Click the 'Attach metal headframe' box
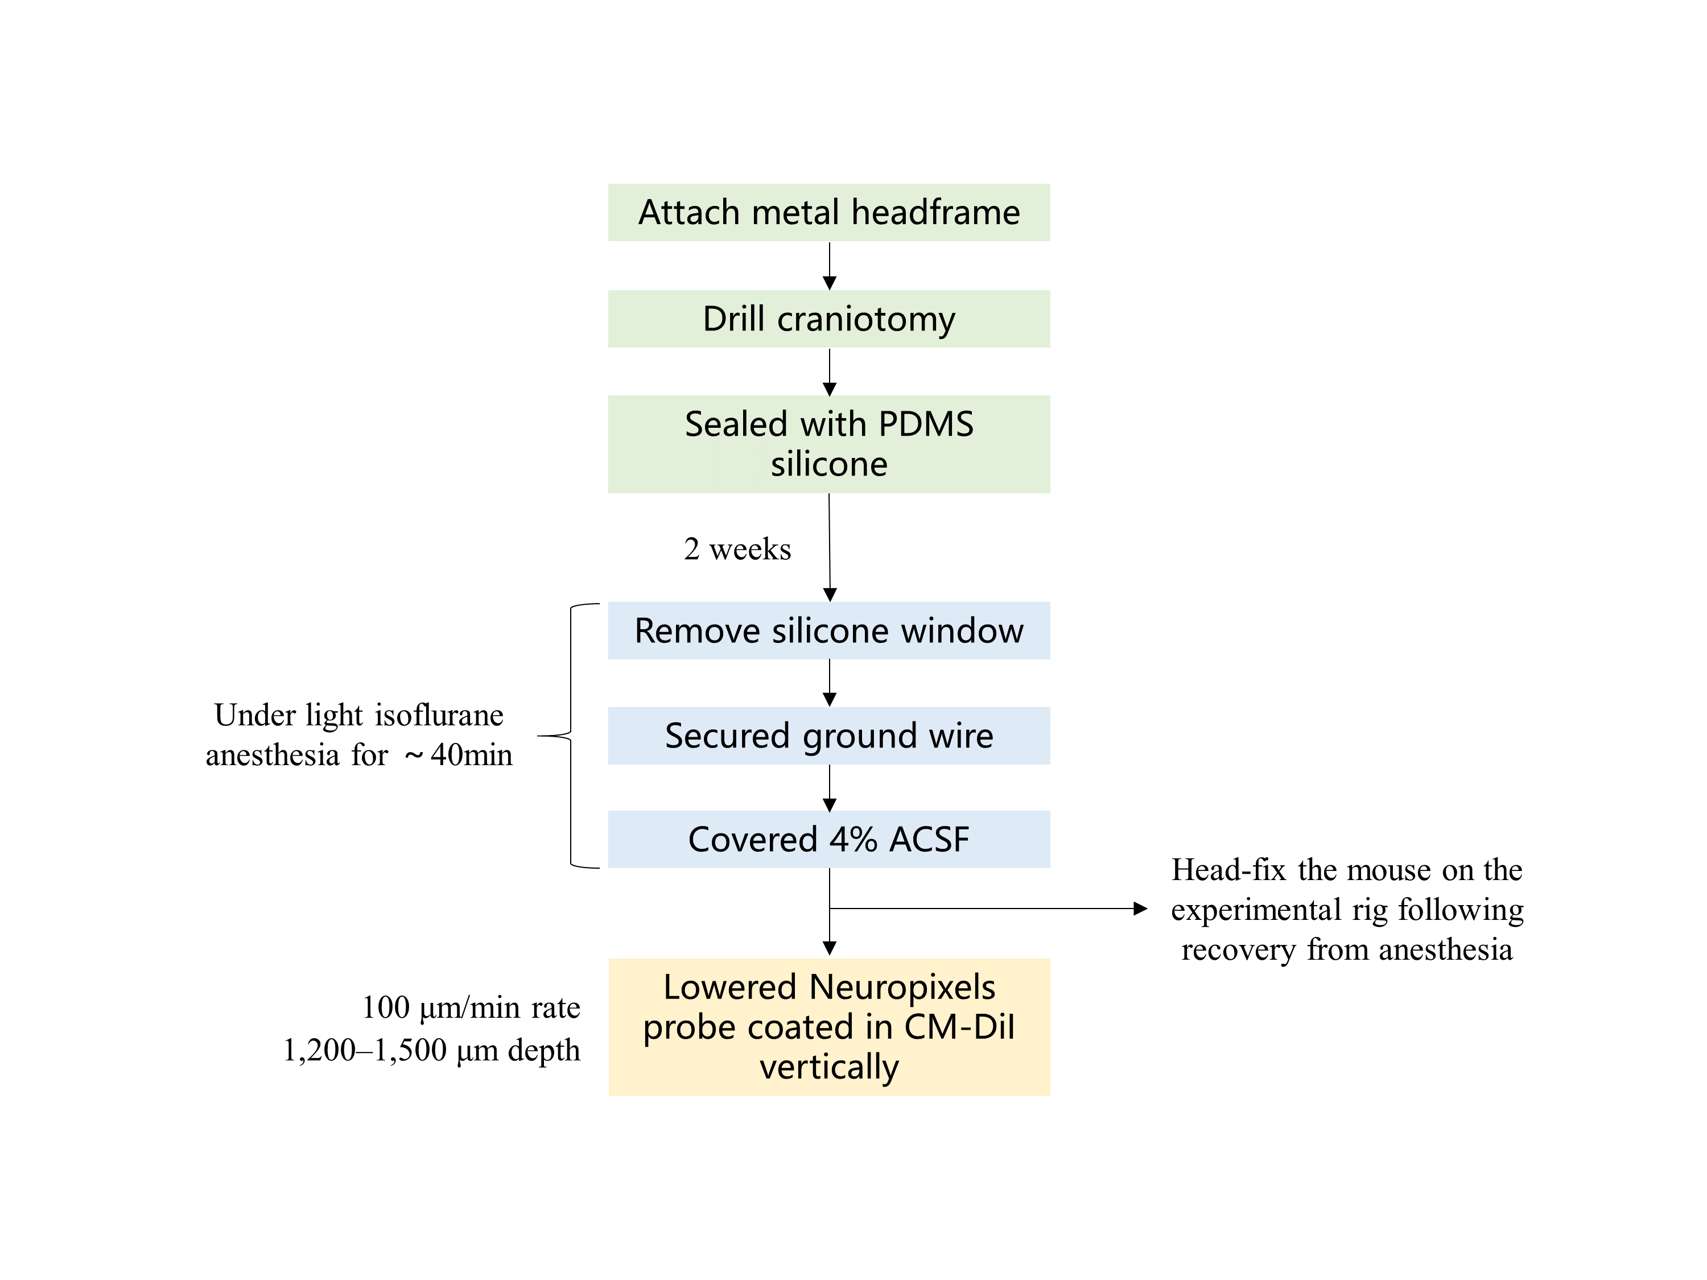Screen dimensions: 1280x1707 pos(829,212)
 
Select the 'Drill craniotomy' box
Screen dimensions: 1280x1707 pos(829,319)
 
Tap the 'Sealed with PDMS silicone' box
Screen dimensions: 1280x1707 pos(829,444)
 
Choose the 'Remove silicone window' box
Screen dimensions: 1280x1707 pos(829,630)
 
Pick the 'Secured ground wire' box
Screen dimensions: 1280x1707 pos(829,735)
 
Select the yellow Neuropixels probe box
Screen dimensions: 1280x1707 pos(829,1027)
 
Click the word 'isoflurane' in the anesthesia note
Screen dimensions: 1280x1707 pos(437,715)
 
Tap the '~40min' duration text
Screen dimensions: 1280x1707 pos(459,754)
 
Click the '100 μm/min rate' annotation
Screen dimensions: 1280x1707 pos(471,1007)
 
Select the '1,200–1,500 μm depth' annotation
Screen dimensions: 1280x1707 pos(431,1050)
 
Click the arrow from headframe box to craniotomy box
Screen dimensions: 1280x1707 pos(830,266)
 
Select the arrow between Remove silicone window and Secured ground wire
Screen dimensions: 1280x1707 pos(830,683)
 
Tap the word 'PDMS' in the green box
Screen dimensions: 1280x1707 pos(925,424)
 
